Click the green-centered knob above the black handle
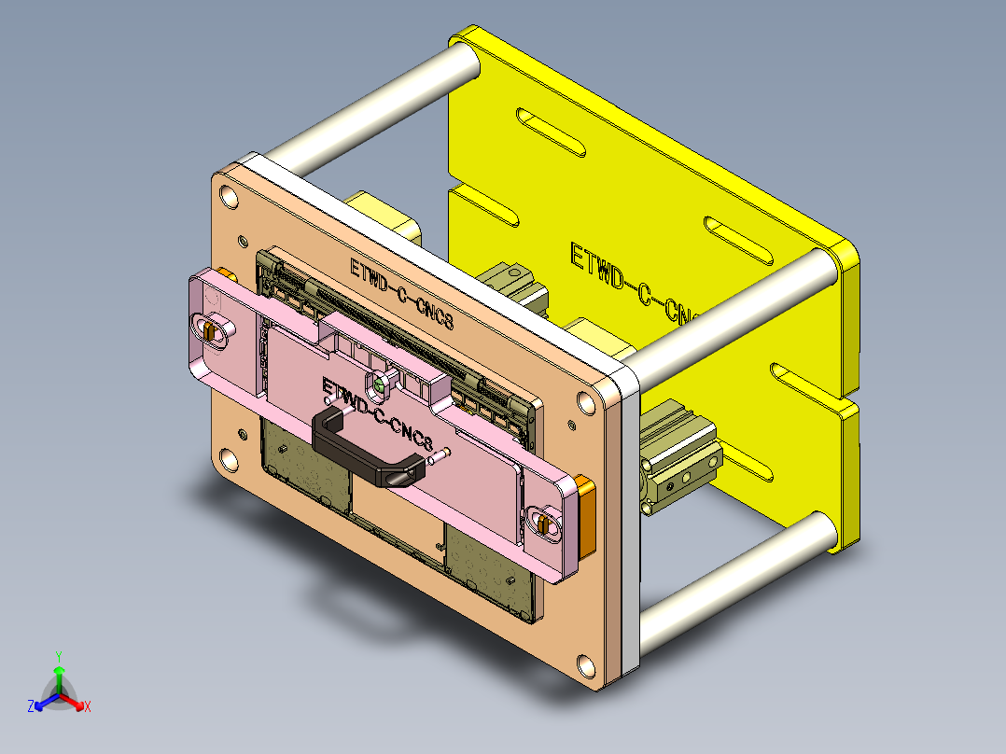click(380, 383)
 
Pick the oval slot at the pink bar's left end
click(214, 329)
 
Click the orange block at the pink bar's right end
click(584, 512)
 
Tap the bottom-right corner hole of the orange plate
click(585, 666)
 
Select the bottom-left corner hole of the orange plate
click(227, 460)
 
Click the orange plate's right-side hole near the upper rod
click(586, 402)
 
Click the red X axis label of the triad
click(88, 707)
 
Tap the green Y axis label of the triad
click(58, 656)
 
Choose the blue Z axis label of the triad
click(31, 707)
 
